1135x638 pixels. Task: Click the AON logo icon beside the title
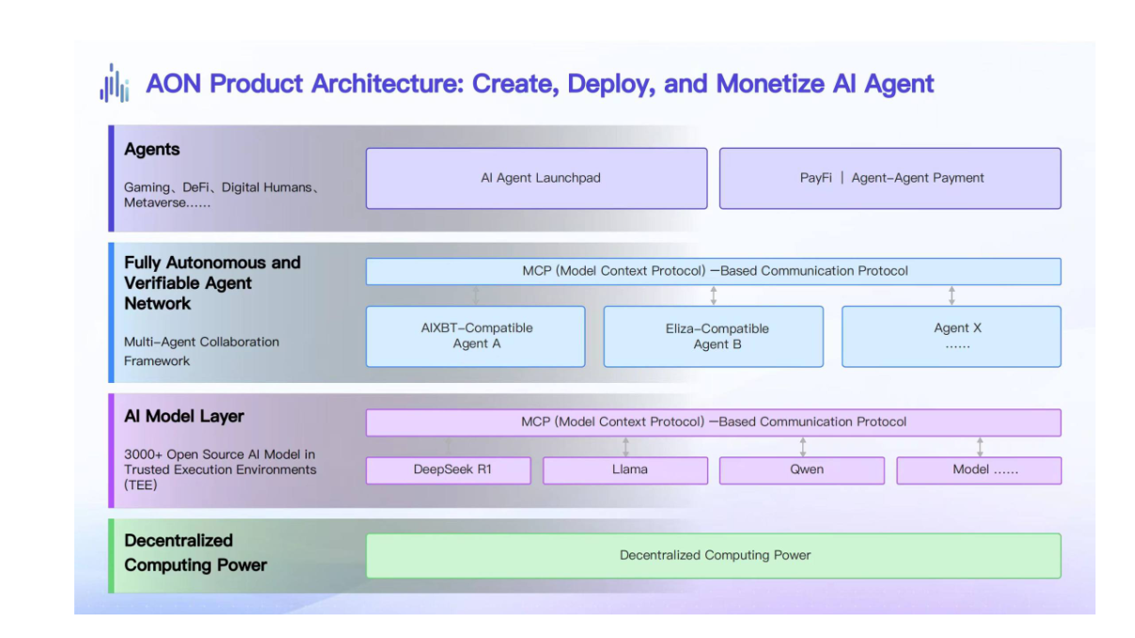point(115,83)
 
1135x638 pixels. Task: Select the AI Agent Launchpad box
point(537,179)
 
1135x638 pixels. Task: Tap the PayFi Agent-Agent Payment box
point(891,179)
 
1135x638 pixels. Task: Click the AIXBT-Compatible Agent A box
point(475,336)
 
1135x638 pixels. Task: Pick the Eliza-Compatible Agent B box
point(714,336)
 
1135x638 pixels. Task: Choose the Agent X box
point(952,336)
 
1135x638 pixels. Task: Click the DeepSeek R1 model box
point(449,471)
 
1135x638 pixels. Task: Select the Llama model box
point(625,471)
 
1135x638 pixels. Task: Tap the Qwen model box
point(802,471)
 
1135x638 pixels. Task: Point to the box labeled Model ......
point(979,471)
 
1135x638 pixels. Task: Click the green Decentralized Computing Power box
point(714,556)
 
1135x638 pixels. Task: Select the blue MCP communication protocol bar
point(714,271)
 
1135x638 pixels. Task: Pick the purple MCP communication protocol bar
point(714,423)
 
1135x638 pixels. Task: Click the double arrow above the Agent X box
point(952,295)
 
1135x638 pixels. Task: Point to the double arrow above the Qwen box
point(803,447)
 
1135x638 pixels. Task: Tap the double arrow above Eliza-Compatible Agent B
point(714,295)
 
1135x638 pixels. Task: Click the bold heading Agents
point(152,150)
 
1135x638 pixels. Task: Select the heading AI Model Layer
point(184,416)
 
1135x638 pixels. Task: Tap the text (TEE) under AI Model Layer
point(140,485)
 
